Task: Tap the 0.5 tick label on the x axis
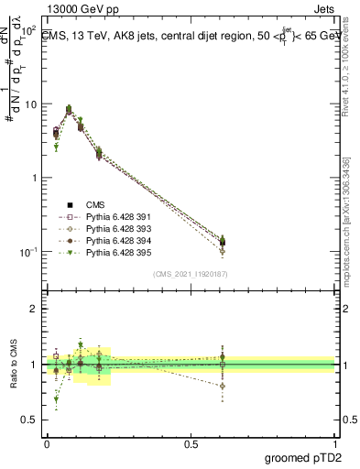coord(191,442)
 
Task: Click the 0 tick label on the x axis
coord(47,442)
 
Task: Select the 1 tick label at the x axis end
coord(334,442)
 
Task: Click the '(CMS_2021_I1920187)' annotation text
coord(190,273)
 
